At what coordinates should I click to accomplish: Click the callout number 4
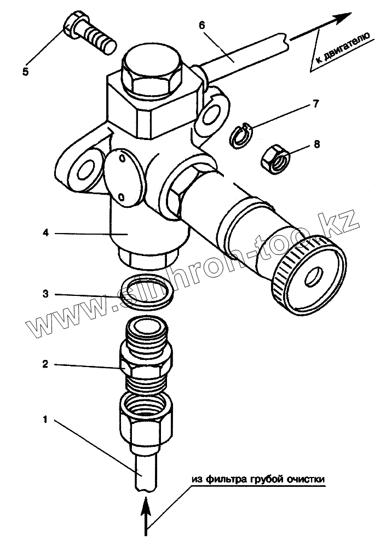coord(46,232)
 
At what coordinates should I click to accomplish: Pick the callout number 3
coord(46,294)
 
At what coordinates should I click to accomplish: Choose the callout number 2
coord(46,363)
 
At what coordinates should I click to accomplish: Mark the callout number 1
coord(46,421)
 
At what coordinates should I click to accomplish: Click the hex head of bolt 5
coord(73,25)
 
